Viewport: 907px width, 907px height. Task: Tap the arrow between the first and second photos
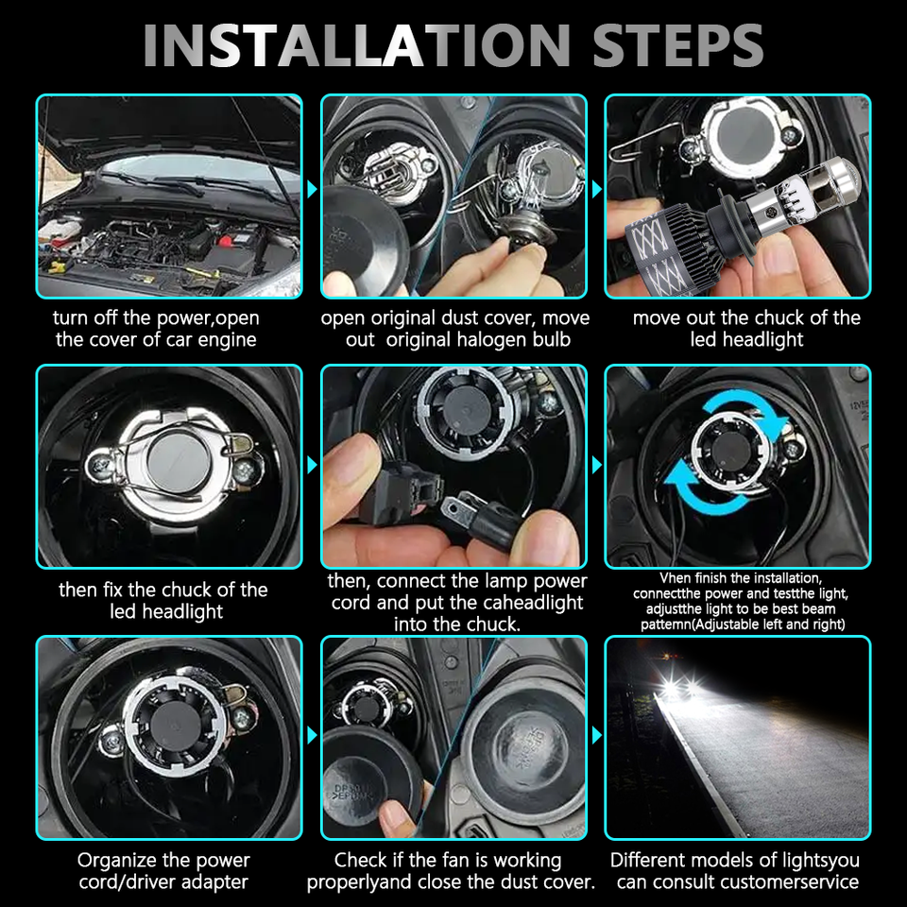pyautogui.click(x=312, y=189)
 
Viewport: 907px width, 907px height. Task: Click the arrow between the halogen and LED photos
pyautogui.click(x=596, y=189)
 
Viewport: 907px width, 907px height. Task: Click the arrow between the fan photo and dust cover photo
pyautogui.click(x=312, y=736)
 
